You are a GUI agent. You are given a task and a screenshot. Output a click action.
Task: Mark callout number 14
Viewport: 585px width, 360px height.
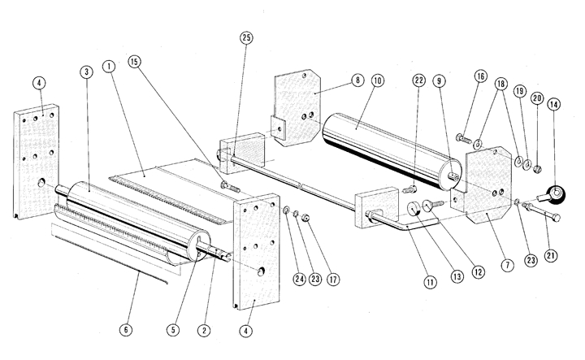point(553,105)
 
